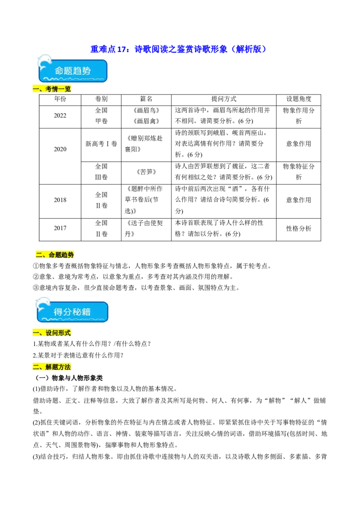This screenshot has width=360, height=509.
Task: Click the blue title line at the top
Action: [x=178, y=49]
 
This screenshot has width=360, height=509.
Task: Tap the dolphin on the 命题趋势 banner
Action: [x=45, y=62]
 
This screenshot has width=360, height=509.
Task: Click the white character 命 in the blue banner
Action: [x=59, y=71]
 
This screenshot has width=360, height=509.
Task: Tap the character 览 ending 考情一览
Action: [x=68, y=89]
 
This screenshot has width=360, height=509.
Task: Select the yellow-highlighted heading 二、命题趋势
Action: [x=54, y=254]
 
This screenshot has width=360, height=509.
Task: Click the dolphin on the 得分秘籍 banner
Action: [x=43, y=304]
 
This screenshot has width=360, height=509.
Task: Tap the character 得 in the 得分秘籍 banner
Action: [x=58, y=312]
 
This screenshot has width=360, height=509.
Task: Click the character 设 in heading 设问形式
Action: [x=49, y=333]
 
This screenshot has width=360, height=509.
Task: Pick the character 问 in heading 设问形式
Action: [x=55, y=333]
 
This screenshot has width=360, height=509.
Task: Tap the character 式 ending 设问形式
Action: [x=68, y=333]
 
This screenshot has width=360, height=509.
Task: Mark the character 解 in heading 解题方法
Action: [x=49, y=367]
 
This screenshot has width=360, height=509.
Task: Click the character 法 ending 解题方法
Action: [x=68, y=367]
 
